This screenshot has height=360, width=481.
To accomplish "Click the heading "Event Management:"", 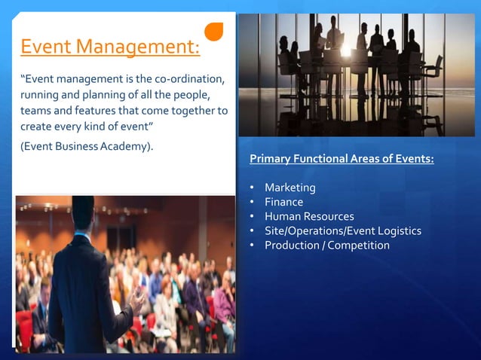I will tap(110, 48).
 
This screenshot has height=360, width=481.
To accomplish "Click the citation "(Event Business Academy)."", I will tap(87, 145).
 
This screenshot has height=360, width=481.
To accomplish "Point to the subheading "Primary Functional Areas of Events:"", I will tap(342, 160).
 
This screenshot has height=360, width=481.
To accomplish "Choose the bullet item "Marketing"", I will tap(290, 188).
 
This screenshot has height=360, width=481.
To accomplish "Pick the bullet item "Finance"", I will tap(283, 202).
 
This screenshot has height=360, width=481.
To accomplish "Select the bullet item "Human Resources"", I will tap(308, 216).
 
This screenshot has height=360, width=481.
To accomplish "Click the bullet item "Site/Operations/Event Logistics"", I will tap(342, 230).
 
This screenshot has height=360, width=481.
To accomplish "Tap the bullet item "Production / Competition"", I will tap(326, 245).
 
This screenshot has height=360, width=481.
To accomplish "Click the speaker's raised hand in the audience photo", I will tap(136, 301).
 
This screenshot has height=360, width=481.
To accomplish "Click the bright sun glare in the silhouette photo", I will tap(349, 51).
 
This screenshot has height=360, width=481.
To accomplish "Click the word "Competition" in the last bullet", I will tap(359, 245).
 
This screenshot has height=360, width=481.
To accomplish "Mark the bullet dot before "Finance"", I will tap(251, 202).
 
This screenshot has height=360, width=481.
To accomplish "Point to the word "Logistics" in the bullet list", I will tap(397, 230).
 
